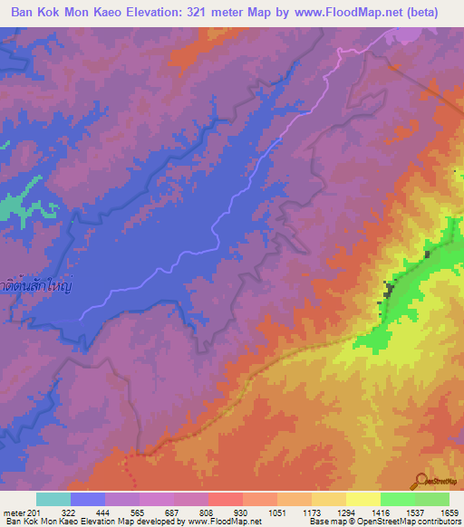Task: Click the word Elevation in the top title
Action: point(156,13)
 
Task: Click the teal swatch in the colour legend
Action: point(53,499)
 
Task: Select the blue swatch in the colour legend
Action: point(87,499)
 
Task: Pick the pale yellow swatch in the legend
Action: point(362,499)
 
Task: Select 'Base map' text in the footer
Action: point(328,522)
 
